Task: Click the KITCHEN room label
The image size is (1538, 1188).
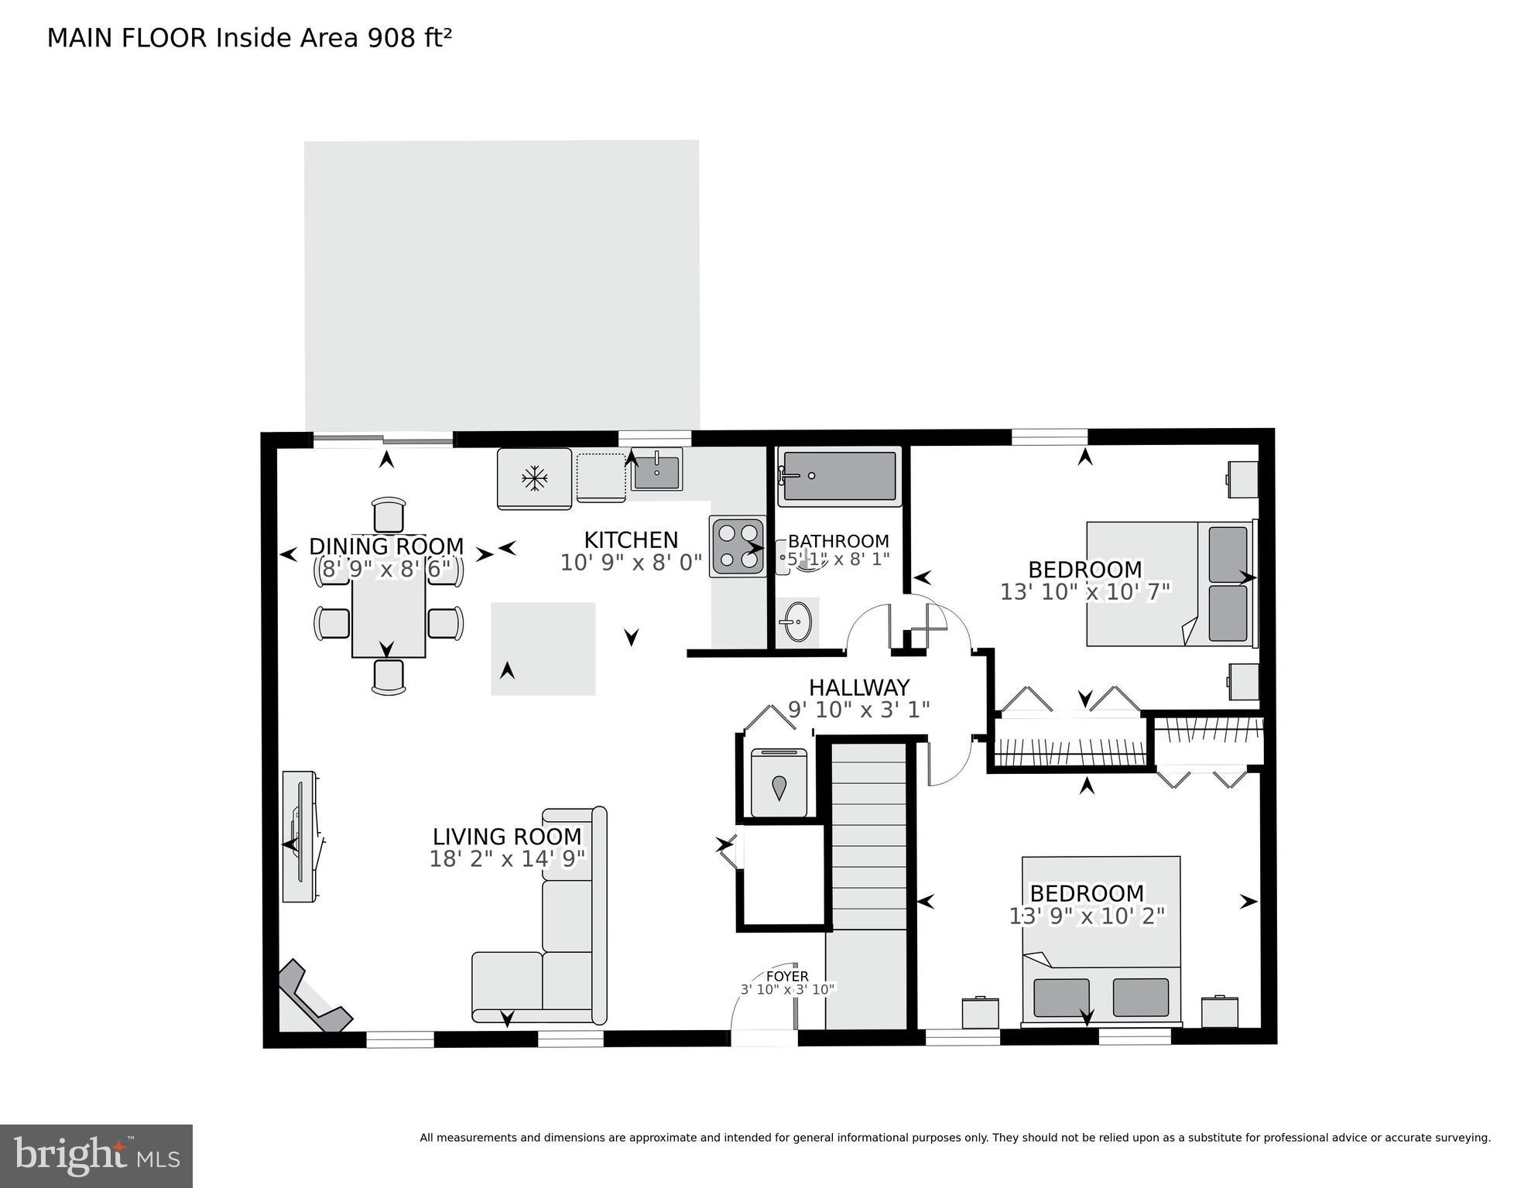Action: click(630, 539)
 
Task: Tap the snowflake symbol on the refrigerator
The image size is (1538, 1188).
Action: click(534, 478)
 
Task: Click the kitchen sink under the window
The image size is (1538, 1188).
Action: click(656, 471)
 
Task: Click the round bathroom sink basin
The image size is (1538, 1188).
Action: click(796, 621)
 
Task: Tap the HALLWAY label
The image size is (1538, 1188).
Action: click(858, 687)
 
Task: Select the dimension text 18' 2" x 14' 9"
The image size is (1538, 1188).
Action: click(507, 859)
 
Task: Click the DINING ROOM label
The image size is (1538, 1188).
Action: click(386, 546)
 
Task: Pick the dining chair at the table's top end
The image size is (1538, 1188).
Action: click(389, 514)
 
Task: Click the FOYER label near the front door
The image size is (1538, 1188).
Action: click(787, 977)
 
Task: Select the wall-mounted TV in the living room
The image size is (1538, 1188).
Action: click(300, 836)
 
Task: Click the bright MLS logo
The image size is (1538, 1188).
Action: click(96, 1155)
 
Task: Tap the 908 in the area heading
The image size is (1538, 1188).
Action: click(392, 38)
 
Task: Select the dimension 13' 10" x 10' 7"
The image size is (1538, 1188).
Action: click(1084, 592)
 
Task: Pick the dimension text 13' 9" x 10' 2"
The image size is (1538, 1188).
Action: click(1087, 916)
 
